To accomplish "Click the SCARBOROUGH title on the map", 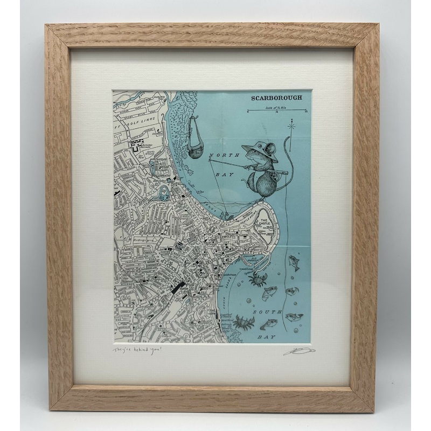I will tap(280, 98).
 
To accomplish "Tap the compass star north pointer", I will tap(291, 128).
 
